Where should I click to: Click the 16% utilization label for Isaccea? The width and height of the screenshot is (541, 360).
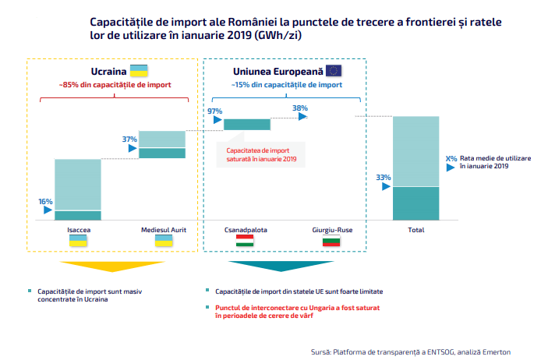coord(45,201)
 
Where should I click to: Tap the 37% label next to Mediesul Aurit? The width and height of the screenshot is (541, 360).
coord(129,139)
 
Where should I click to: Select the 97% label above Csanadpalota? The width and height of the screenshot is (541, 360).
coord(214,111)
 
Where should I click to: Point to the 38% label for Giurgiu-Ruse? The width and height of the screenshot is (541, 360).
coord(300,108)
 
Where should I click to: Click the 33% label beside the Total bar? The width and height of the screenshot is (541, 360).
coord(384,177)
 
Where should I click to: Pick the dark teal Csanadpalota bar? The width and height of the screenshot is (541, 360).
coord(247,125)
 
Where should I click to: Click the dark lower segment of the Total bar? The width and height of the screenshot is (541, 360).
coord(416,203)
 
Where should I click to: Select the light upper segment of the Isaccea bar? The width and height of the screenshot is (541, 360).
coord(78,185)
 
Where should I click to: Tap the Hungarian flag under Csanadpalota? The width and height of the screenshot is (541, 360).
coord(245,240)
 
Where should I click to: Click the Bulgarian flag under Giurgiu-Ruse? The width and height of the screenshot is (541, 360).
coord(331,240)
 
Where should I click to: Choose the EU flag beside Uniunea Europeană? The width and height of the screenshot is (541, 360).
coord(334,71)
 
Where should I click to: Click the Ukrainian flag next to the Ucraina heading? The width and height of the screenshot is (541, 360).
coord(139,71)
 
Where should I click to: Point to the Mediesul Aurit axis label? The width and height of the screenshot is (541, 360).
coord(164,230)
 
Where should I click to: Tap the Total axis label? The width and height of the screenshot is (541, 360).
coord(416,230)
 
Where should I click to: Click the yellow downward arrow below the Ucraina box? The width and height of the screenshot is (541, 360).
coord(112,266)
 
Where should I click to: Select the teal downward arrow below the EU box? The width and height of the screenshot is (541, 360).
coord(281,266)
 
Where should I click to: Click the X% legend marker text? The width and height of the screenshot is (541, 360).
coord(451,159)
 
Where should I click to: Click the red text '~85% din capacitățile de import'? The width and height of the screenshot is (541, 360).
coord(115,85)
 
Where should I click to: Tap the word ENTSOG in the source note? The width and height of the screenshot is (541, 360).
coord(441,352)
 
